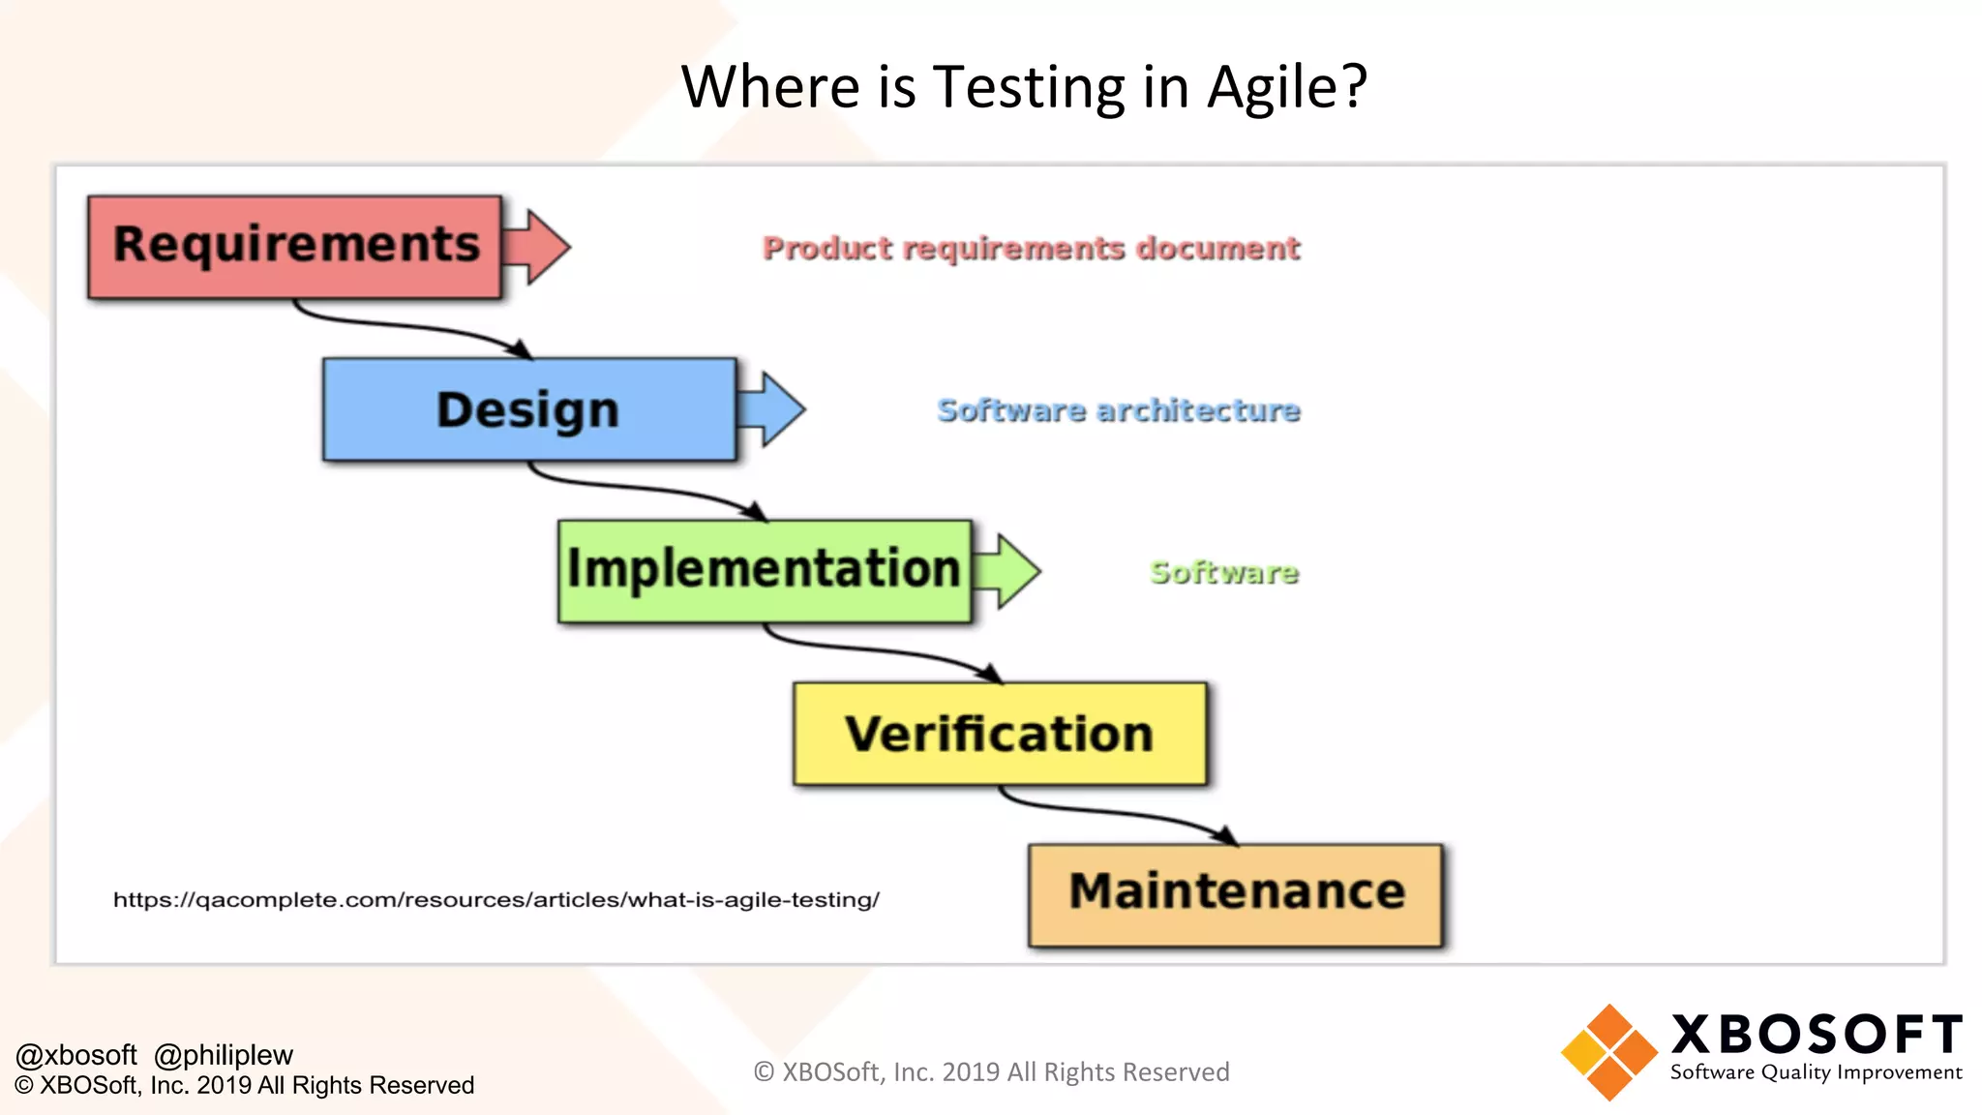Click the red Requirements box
click(295, 247)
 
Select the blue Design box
click(529, 409)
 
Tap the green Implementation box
click(765, 570)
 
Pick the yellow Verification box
click(1000, 734)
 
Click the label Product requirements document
click(1031, 249)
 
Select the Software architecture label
click(1118, 410)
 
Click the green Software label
click(1223, 573)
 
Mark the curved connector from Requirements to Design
click(406, 327)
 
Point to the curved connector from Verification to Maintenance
click(1113, 811)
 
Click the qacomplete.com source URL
click(495, 900)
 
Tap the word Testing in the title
click(1029, 87)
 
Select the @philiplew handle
click(224, 1055)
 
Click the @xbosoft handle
click(76, 1055)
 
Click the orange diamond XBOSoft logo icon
click(1609, 1052)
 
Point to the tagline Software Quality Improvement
click(1816, 1072)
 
